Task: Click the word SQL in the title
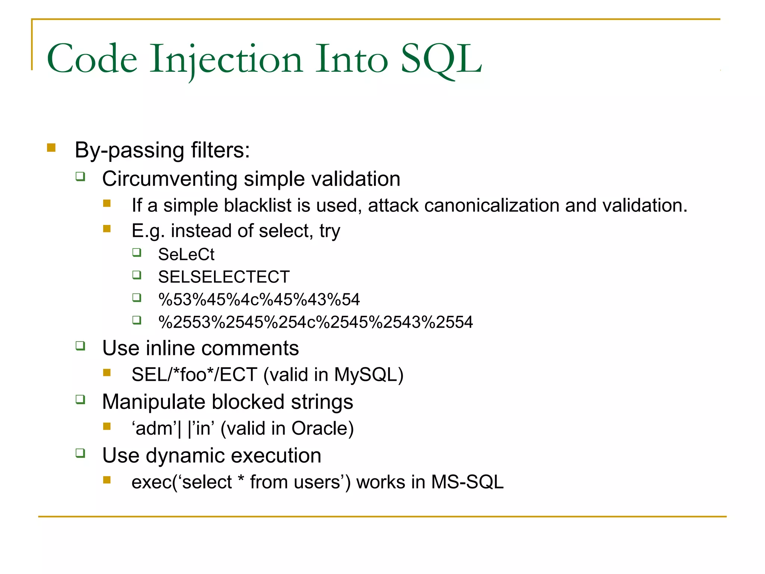pyautogui.click(x=442, y=59)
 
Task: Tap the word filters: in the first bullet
pyautogui.click(x=220, y=150)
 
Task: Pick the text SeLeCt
pyautogui.click(x=186, y=255)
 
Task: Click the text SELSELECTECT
pyautogui.click(x=224, y=277)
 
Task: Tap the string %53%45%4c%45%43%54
pyautogui.click(x=259, y=300)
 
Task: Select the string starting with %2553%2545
pyautogui.click(x=316, y=322)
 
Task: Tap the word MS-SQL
pyautogui.click(x=467, y=482)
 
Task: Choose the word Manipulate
pyautogui.click(x=154, y=402)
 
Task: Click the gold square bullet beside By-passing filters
pyautogui.click(x=51, y=148)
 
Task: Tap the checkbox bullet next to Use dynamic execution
pyautogui.click(x=80, y=453)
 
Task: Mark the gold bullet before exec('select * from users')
pyautogui.click(x=107, y=480)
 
